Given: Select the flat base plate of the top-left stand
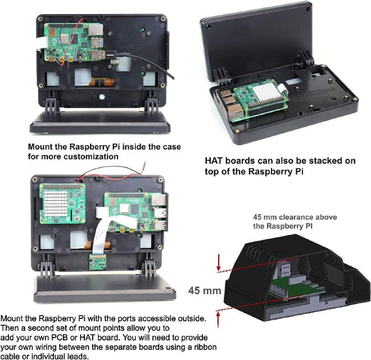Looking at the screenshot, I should coord(96,121).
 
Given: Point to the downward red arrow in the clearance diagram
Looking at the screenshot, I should coord(218,260).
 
